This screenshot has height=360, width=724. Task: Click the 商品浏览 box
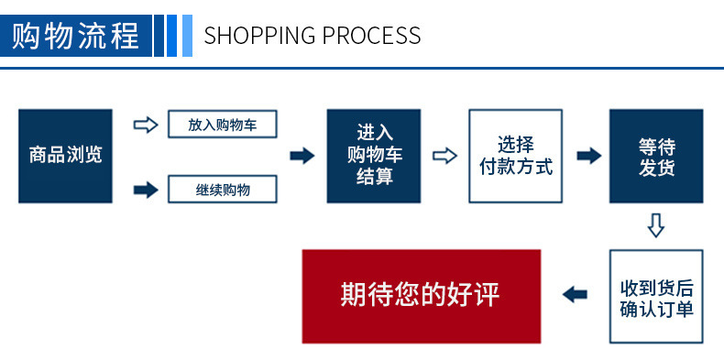click(x=65, y=156)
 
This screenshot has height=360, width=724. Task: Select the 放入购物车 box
click(x=223, y=125)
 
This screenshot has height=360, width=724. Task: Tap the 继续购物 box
click(x=223, y=190)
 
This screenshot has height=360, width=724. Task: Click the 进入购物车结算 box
click(x=374, y=156)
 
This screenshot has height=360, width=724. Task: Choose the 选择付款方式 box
click(x=516, y=156)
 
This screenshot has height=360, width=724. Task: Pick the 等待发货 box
click(x=656, y=156)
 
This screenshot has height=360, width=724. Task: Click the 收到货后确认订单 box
click(x=656, y=296)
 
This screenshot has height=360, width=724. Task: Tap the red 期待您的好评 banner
click(x=422, y=296)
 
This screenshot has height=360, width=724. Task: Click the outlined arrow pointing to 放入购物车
click(x=146, y=125)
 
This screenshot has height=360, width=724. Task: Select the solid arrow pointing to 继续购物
click(x=146, y=190)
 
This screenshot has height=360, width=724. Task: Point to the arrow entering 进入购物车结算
click(x=302, y=156)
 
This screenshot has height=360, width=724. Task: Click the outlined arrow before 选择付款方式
click(x=444, y=156)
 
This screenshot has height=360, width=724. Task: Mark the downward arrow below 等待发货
click(x=656, y=225)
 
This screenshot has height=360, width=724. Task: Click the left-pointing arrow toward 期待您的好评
click(x=575, y=295)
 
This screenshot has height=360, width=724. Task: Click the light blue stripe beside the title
click(x=188, y=36)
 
